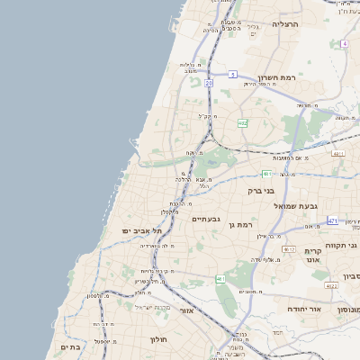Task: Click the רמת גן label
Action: [241, 223]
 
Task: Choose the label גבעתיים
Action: [206, 219]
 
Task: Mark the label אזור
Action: [187, 310]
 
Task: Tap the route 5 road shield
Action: [232, 74]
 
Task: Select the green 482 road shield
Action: [243, 122]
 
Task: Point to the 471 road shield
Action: [332, 220]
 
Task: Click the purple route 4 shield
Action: [344, 43]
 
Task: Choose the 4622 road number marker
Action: [332, 285]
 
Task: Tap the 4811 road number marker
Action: [338, 154]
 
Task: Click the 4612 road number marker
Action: [289, 249]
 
